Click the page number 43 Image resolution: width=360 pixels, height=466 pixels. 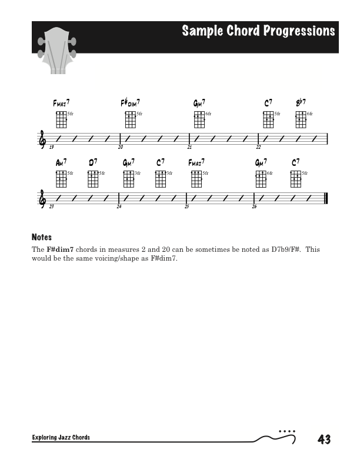coord(324,439)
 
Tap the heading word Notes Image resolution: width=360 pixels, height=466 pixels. coord(42,237)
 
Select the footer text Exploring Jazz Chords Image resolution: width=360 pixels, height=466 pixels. coord(61,438)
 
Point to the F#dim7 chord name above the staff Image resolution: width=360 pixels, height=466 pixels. coord(130,103)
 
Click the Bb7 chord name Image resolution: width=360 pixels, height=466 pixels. coord(301,102)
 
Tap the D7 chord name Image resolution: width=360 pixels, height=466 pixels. coord(93,162)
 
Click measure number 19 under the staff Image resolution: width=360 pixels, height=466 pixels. coord(52,147)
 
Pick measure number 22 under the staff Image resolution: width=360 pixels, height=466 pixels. coord(258,147)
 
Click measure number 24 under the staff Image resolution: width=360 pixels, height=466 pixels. coord(119,207)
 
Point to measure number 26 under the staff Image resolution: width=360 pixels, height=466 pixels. coord(255,207)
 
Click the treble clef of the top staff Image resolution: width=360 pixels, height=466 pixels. coord(41,138)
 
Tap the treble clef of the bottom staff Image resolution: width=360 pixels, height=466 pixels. coord(41,198)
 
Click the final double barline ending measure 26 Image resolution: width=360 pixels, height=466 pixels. coord(325,198)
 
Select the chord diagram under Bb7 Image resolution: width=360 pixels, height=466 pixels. coord(301,119)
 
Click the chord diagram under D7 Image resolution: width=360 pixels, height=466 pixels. coord(92,179)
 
